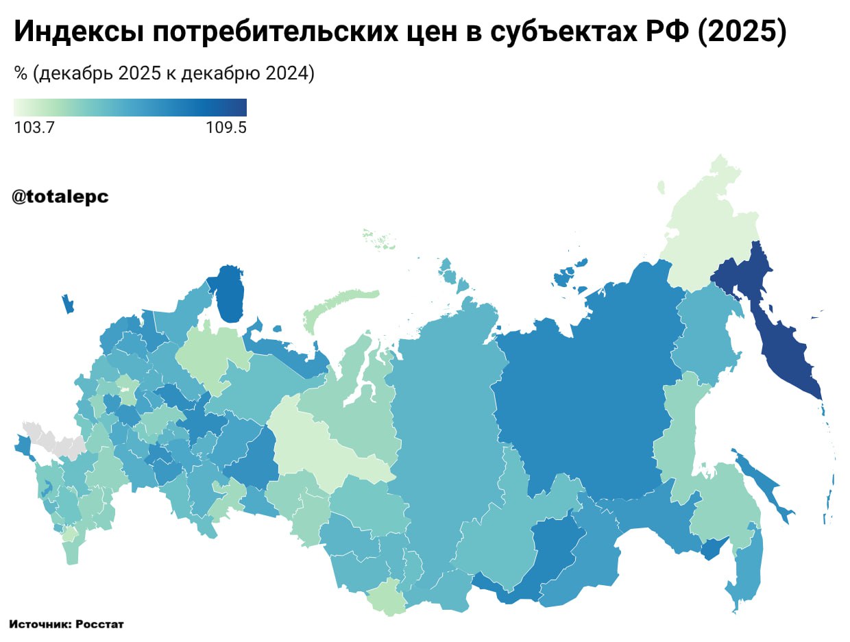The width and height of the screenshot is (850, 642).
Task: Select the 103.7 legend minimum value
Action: [x=34, y=128]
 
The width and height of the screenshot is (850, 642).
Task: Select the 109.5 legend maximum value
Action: [x=226, y=128]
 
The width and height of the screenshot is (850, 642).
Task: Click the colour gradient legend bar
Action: [x=130, y=108]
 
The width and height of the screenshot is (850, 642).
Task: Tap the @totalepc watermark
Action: [x=60, y=197]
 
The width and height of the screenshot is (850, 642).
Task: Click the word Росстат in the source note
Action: [x=99, y=624]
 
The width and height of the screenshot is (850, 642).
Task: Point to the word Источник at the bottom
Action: [x=40, y=624]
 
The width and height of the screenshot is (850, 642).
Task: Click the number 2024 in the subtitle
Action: [x=286, y=74]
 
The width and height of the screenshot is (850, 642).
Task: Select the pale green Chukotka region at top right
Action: [x=713, y=226]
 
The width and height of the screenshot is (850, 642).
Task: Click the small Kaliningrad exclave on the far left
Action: [x=67, y=304]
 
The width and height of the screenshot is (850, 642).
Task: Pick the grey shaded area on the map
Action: [x=51, y=439]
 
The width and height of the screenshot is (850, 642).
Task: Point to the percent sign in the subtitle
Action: [x=20, y=74]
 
